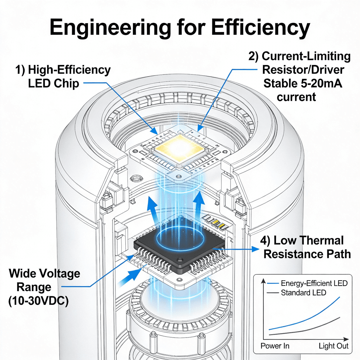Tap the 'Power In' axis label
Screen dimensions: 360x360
(x=275, y=346)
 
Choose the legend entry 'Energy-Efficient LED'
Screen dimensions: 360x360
(x=314, y=283)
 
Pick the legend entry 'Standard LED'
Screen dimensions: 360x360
(x=303, y=292)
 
